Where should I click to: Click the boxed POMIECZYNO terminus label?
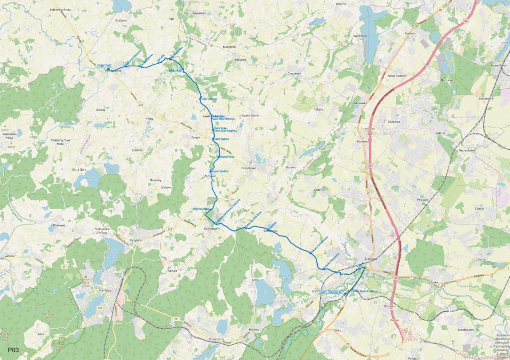click(106, 65)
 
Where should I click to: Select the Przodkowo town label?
click(248, 168)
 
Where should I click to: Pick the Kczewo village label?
click(291, 168)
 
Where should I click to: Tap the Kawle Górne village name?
click(249, 116)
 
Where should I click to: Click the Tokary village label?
click(319, 109)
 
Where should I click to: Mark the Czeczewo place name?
click(295, 73)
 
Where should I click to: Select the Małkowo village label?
click(320, 190)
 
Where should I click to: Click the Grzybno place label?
click(136, 240)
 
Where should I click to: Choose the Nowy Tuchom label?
click(397, 76)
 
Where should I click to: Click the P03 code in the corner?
click(13, 351)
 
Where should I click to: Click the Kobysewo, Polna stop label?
click(200, 209)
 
